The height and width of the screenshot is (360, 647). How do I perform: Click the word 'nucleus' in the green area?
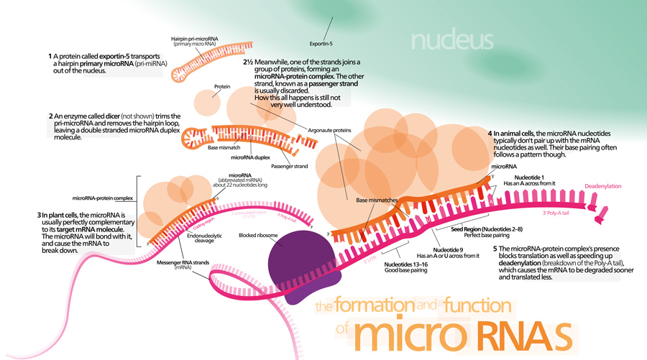click(x=452, y=38)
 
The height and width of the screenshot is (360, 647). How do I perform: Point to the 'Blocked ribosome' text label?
click(x=261, y=235)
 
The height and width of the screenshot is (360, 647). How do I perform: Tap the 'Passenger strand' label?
click(x=295, y=167)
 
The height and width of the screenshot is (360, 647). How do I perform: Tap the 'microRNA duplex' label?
click(x=250, y=156)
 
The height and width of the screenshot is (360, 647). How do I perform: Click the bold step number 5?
click(x=495, y=249)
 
